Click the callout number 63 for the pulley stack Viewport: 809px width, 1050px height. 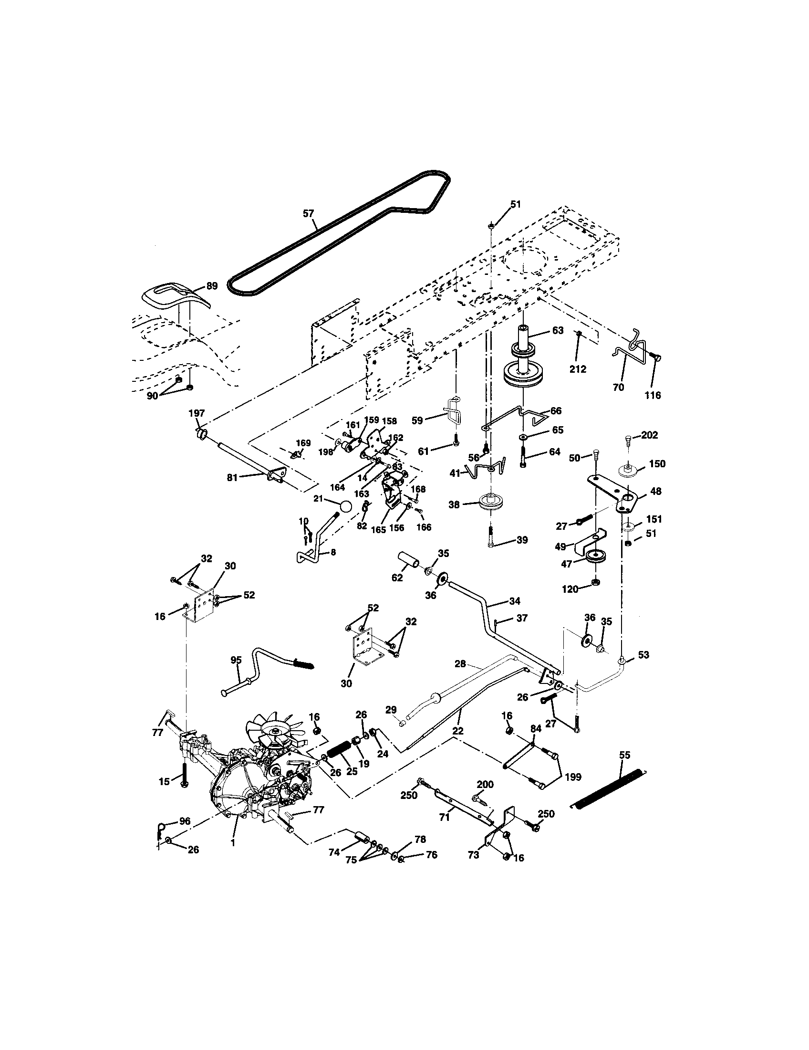557,331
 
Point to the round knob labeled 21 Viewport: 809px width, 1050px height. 346,507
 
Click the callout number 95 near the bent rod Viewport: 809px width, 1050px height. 236,660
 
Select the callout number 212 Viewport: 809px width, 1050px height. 578,369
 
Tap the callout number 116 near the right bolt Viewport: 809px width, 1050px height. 653,395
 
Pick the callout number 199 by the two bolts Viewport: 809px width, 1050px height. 573,776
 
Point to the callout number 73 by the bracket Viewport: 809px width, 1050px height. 473,855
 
